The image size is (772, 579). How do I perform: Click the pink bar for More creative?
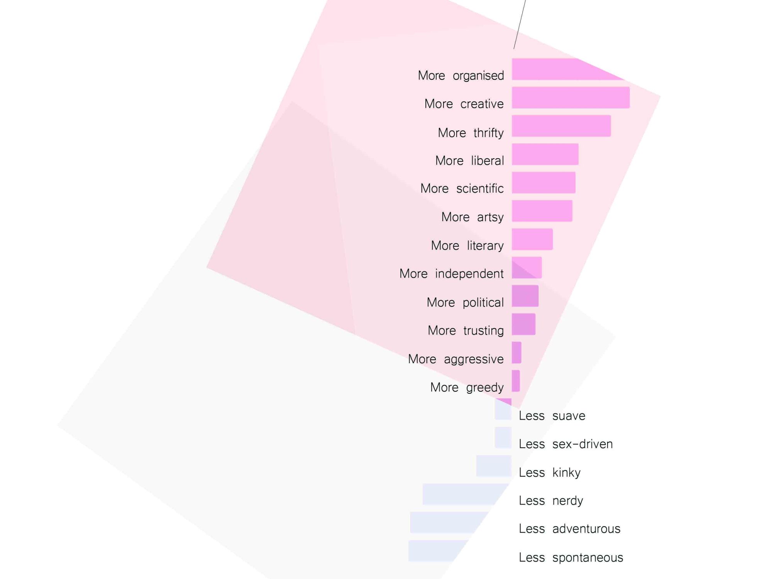571,98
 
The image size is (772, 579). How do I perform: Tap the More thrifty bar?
561,126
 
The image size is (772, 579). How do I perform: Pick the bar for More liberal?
545,154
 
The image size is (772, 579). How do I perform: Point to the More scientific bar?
543,183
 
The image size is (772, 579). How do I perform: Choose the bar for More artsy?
542,211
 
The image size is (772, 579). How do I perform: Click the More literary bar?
532,239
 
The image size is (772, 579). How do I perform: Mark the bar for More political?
525,296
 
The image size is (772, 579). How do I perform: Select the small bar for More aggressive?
516,352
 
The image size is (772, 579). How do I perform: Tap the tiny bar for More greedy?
516,381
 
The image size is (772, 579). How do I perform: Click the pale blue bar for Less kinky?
494,466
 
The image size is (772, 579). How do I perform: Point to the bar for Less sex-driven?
503,437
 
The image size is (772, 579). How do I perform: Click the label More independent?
451,274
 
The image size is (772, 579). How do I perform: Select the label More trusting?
466,330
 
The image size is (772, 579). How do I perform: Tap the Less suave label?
552,416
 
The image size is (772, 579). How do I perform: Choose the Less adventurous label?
569,529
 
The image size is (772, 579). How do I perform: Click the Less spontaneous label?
571,557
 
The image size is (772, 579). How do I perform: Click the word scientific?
480,189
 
